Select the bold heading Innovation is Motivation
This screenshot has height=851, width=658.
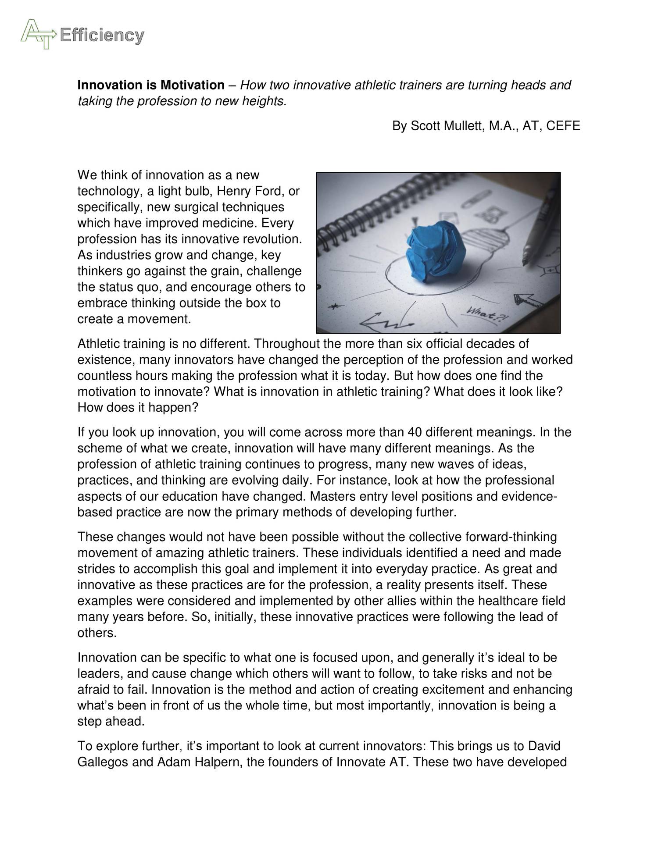coord(151,85)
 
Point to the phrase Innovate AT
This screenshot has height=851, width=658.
coord(372,775)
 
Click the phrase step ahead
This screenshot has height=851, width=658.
coord(111,722)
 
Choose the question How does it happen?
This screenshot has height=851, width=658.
coord(138,408)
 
